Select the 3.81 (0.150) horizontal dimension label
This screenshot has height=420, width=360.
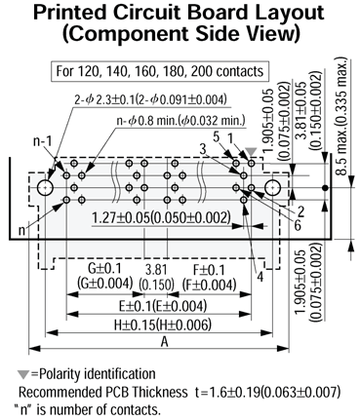152,275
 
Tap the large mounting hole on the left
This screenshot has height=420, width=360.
46,185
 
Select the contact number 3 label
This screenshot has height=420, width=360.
202,147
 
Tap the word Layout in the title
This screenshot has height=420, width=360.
269,14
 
